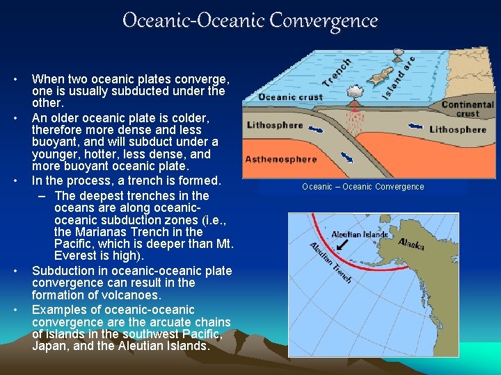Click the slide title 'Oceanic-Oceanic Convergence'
(x=250, y=20)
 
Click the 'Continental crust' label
(x=468, y=109)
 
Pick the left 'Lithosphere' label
(x=275, y=126)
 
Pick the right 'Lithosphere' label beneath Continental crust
(x=457, y=130)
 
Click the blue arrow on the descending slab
(x=347, y=157)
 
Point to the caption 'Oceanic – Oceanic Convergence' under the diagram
(x=363, y=187)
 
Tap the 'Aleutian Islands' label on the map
(x=359, y=235)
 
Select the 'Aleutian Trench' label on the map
(x=331, y=262)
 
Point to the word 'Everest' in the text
(x=78, y=256)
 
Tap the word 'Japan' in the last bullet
(x=49, y=346)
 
